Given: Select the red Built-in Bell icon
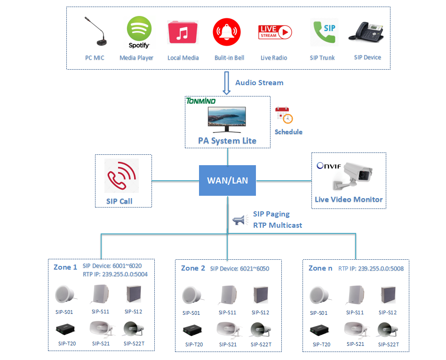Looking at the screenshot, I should (229, 32).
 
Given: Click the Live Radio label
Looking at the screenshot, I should (274, 58).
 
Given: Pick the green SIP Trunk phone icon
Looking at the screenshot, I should (324, 32).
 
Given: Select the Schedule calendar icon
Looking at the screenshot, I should (284, 116).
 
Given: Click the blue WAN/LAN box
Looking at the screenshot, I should (228, 180).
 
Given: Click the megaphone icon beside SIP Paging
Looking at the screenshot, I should (240, 219).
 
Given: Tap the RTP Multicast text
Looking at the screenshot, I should (278, 225).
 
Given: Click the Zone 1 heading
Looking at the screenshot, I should (65, 267).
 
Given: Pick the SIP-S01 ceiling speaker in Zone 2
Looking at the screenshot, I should (192, 296).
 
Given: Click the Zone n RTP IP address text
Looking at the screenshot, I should (371, 269).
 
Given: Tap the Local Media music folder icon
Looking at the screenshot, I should (183, 32).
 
